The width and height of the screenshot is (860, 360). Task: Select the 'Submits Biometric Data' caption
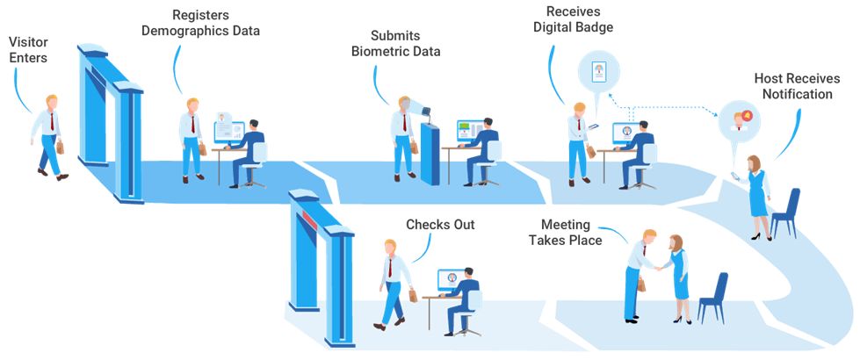point(395,44)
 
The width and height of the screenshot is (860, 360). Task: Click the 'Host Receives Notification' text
point(793,86)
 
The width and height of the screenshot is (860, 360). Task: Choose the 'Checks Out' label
point(440,225)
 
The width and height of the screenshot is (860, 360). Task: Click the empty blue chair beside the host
point(787,211)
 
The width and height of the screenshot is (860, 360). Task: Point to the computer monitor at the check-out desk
point(452,279)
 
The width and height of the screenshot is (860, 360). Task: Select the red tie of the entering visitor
point(53,122)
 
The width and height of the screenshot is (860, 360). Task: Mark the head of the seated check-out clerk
point(470,272)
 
